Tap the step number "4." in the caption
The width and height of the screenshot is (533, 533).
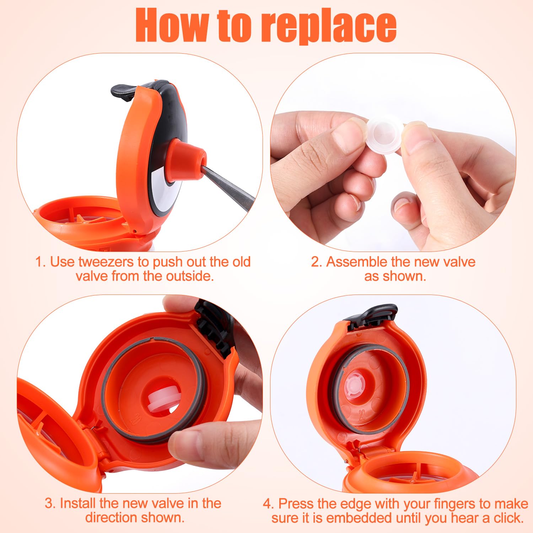coord(269,504)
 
